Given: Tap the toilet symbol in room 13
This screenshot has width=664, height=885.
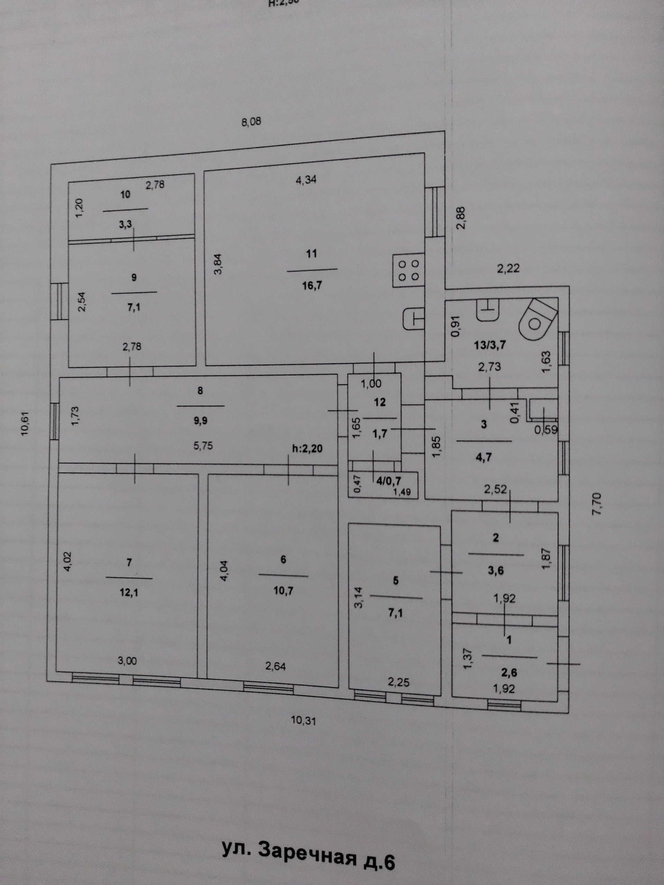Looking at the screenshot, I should pyautogui.click(x=537, y=320).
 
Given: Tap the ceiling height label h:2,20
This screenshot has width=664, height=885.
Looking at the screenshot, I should pyautogui.click(x=307, y=449).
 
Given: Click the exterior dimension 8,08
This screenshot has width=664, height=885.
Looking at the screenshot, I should pyautogui.click(x=251, y=122).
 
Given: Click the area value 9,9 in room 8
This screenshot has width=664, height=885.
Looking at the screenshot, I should pyautogui.click(x=200, y=420).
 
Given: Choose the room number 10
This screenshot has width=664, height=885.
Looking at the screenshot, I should pyautogui.click(x=125, y=195).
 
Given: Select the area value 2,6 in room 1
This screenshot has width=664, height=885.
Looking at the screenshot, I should pyautogui.click(x=509, y=673).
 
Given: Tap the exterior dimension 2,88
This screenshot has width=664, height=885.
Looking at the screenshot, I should pyautogui.click(x=462, y=218).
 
